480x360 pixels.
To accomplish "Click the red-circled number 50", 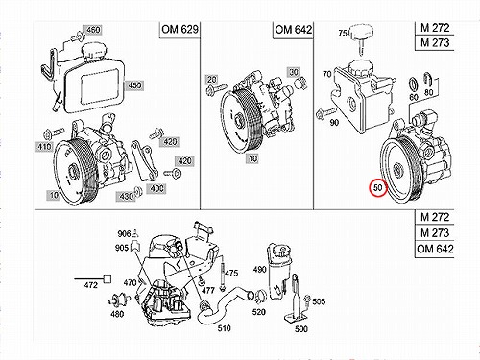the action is point(378,187).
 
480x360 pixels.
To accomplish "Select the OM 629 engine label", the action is point(180,30).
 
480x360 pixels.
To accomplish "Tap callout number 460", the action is point(93,30).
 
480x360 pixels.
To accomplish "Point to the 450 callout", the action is point(134,85).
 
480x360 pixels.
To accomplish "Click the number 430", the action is point(126,196).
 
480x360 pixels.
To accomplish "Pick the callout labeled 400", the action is point(156,188).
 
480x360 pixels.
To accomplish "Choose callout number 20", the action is point(211,79).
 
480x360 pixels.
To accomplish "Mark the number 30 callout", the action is point(294,72).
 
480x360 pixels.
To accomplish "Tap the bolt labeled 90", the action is point(325,113).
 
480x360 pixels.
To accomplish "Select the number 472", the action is point(90,284).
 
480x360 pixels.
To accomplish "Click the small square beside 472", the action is point(108,279).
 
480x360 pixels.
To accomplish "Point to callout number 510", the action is point(224,328).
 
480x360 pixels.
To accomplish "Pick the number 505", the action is point(319,301).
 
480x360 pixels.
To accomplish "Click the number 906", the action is point(124,234).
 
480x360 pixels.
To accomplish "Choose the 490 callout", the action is point(259,269).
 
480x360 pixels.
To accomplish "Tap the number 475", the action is point(231,273).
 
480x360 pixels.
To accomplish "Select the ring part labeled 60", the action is point(414,84).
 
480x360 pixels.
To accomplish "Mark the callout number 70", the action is point(326,74).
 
